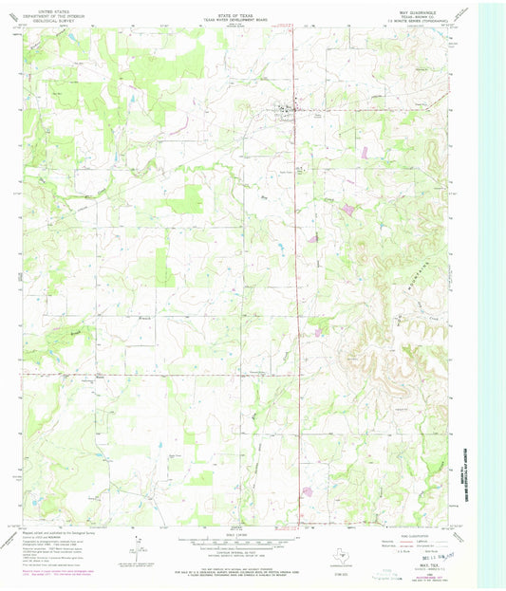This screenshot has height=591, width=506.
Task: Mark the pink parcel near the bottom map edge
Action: coord(307,490)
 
